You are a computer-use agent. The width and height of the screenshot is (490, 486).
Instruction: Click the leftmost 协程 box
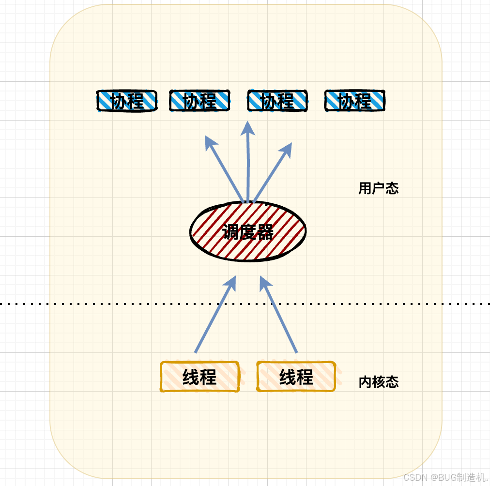(x=127, y=101)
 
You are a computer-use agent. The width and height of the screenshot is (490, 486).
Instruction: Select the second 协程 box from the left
(x=199, y=101)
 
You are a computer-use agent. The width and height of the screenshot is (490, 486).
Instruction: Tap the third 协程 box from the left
(x=277, y=101)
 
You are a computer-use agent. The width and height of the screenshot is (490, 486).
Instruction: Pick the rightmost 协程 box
(x=355, y=101)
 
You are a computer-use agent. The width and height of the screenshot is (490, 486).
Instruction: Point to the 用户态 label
(x=378, y=188)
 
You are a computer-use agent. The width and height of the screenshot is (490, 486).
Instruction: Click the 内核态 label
(x=378, y=382)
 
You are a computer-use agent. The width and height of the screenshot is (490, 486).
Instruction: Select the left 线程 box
(x=199, y=377)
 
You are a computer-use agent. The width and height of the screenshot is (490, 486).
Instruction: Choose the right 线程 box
(x=296, y=377)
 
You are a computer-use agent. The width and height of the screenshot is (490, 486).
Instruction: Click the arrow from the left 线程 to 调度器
(x=215, y=315)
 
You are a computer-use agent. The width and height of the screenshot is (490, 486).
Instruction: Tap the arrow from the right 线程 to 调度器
(x=279, y=315)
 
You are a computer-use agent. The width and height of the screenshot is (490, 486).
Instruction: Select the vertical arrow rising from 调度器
(x=248, y=165)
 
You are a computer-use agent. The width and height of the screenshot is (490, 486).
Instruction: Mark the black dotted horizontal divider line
(x=97, y=304)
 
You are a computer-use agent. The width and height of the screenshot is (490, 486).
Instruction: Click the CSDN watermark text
(x=444, y=477)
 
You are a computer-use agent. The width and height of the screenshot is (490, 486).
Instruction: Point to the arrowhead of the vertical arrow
(x=248, y=128)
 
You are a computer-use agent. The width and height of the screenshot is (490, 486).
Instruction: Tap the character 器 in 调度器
(x=265, y=233)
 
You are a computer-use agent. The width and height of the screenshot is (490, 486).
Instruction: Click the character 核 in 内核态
(x=378, y=382)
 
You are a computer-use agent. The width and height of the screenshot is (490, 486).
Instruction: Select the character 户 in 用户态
(x=378, y=188)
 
